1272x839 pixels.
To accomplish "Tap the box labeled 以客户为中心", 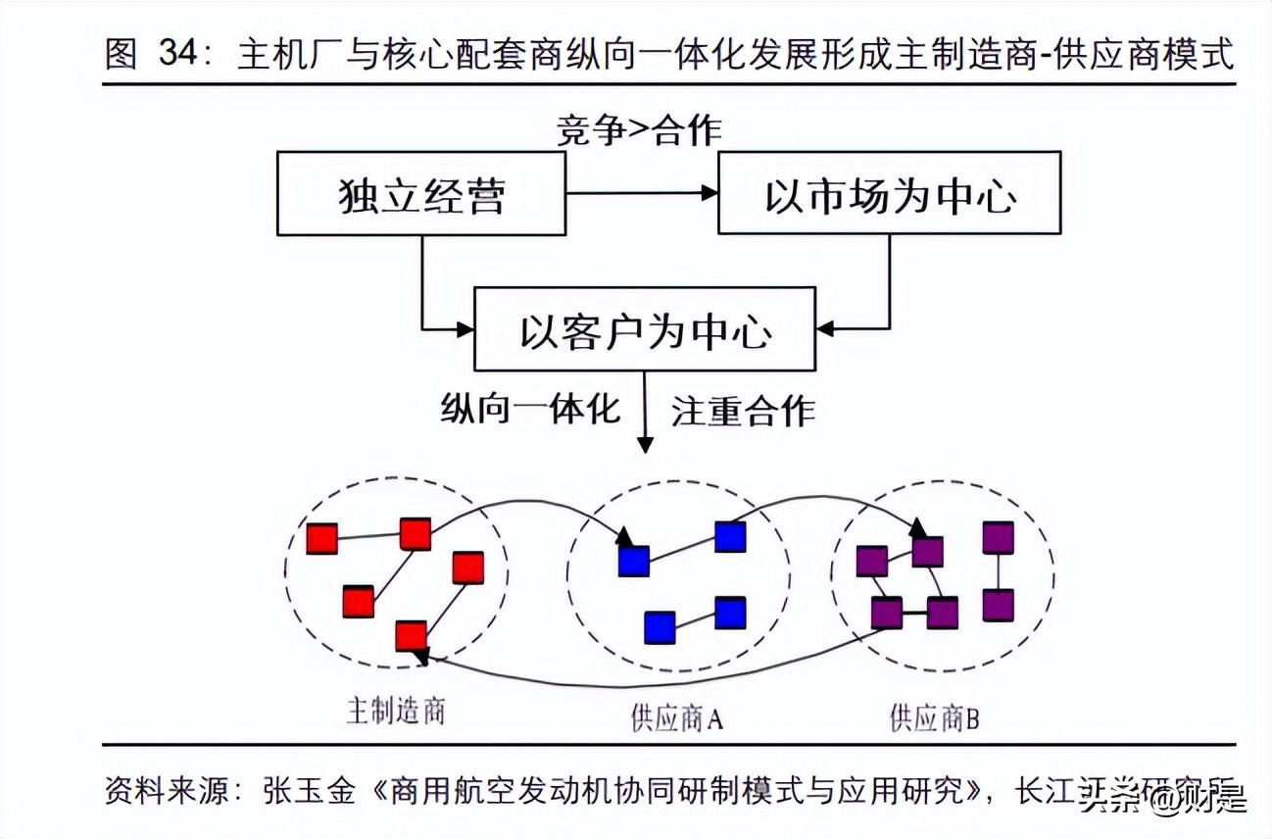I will pos(645,329).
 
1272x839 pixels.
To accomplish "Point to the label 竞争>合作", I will pos(640,129).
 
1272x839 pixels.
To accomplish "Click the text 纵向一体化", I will pos(530,409).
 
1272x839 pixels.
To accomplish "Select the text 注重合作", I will pos(743,410).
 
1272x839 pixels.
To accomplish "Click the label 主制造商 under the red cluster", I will pos(395,711).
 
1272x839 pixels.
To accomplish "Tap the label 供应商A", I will pos(677,720).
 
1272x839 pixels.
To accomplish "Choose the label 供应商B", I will pos(934,720).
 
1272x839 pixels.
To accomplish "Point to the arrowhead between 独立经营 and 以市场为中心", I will pos(709,194).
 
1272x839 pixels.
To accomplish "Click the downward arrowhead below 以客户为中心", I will pos(645,446).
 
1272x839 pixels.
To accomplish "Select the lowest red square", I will pos(411,636).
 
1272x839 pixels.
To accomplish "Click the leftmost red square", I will pos(321,538).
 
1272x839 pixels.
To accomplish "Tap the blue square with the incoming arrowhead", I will pos(633,560).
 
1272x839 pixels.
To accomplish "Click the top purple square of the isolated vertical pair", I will pos(998,538).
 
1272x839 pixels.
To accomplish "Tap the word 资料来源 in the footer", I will pos(166,790).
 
